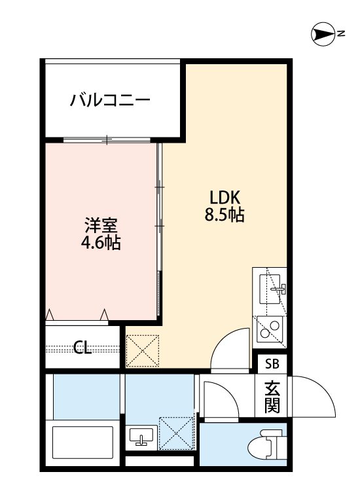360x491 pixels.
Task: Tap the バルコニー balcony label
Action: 111,100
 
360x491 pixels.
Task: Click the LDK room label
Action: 226,197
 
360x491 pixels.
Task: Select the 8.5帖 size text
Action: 226,215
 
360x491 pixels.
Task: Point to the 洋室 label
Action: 101,226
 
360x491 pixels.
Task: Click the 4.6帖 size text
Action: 101,244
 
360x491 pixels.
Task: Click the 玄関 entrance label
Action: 272,397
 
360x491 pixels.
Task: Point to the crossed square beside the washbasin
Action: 176,432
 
